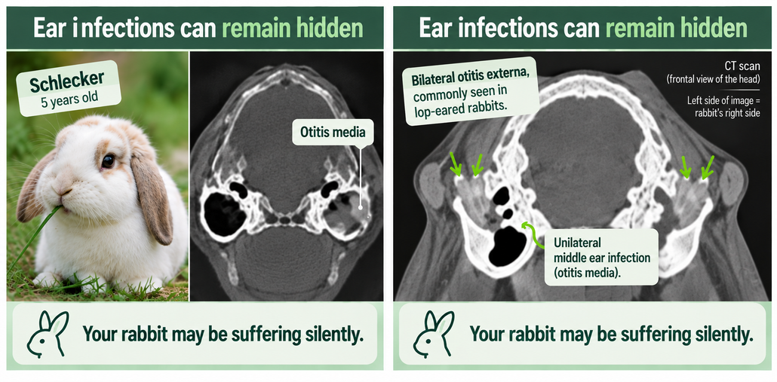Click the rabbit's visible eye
pyautogui.click(x=108, y=160)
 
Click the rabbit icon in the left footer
pyautogui.click(x=48, y=334)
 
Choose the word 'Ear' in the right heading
pyautogui.click(x=435, y=29)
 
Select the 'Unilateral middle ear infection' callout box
pyautogui.click(x=601, y=258)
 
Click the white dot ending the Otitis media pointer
pyautogui.click(x=360, y=208)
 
